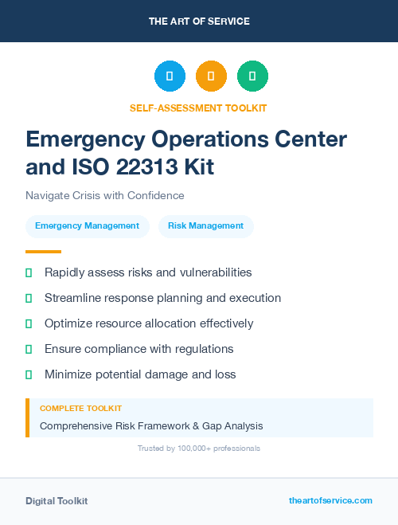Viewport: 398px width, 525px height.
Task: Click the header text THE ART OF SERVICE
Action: (x=199, y=22)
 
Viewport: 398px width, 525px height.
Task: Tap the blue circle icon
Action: (x=170, y=76)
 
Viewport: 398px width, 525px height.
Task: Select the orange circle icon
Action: (x=211, y=76)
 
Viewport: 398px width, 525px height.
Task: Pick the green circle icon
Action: (x=252, y=76)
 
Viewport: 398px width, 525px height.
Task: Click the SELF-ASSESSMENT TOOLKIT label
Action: (x=199, y=108)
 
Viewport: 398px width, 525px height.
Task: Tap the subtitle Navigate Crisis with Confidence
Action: (x=105, y=195)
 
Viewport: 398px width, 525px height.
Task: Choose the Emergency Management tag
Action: (x=88, y=226)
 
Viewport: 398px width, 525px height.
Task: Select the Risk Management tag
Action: (x=206, y=226)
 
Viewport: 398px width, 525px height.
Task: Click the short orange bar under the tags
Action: (x=38, y=252)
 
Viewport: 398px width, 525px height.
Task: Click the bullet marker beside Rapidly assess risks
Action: (x=29, y=272)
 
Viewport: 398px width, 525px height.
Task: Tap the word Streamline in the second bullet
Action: (x=73, y=298)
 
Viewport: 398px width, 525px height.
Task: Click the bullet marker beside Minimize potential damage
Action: (x=29, y=374)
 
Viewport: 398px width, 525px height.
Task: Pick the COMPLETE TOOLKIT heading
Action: (x=80, y=409)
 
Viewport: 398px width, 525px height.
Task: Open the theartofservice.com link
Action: (x=330, y=500)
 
